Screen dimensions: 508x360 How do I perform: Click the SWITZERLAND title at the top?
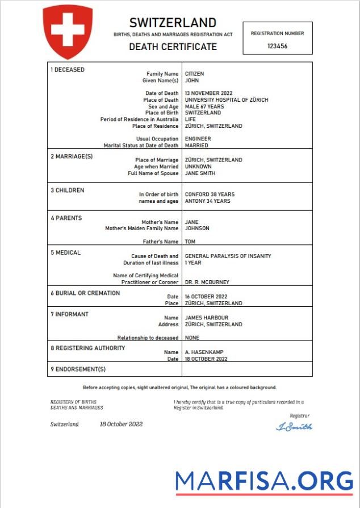(x=173, y=23)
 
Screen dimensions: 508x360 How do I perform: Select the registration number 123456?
(x=277, y=46)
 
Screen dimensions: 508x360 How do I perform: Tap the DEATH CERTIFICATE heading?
(x=173, y=47)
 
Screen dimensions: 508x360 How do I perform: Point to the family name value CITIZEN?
(x=194, y=74)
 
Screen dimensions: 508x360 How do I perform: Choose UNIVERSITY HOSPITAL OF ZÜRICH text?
(x=227, y=100)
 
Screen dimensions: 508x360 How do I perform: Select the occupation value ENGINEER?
(x=198, y=139)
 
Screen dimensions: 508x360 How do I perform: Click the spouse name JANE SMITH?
(x=200, y=173)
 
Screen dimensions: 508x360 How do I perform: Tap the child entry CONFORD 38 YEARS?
(x=210, y=194)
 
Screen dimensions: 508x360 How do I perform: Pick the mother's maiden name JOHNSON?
(x=197, y=228)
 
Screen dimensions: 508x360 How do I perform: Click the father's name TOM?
(x=190, y=241)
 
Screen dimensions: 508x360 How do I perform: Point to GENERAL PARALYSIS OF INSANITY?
(x=228, y=256)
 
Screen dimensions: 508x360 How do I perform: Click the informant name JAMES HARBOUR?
(x=207, y=318)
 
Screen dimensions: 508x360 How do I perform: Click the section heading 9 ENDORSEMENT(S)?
(x=78, y=369)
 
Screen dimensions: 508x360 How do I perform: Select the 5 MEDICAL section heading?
(x=65, y=252)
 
